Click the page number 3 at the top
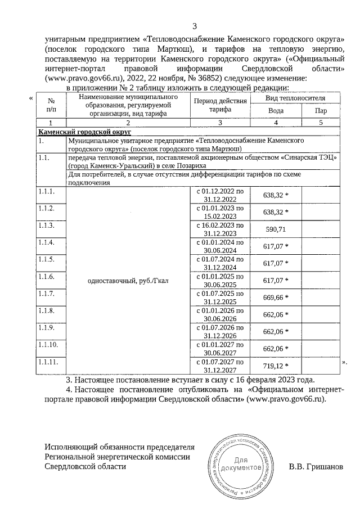[x=195, y=26]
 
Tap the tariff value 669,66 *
[x=276, y=297]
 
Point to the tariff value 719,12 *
[x=276, y=366]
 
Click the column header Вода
[x=276, y=111]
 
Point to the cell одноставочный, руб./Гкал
[x=127, y=280]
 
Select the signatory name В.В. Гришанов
[x=315, y=467]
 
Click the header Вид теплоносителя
[x=295, y=98]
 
